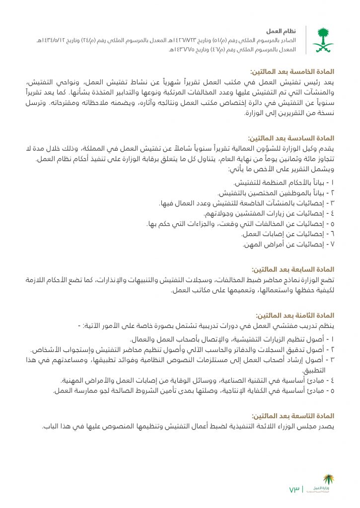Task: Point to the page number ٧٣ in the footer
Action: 294,490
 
